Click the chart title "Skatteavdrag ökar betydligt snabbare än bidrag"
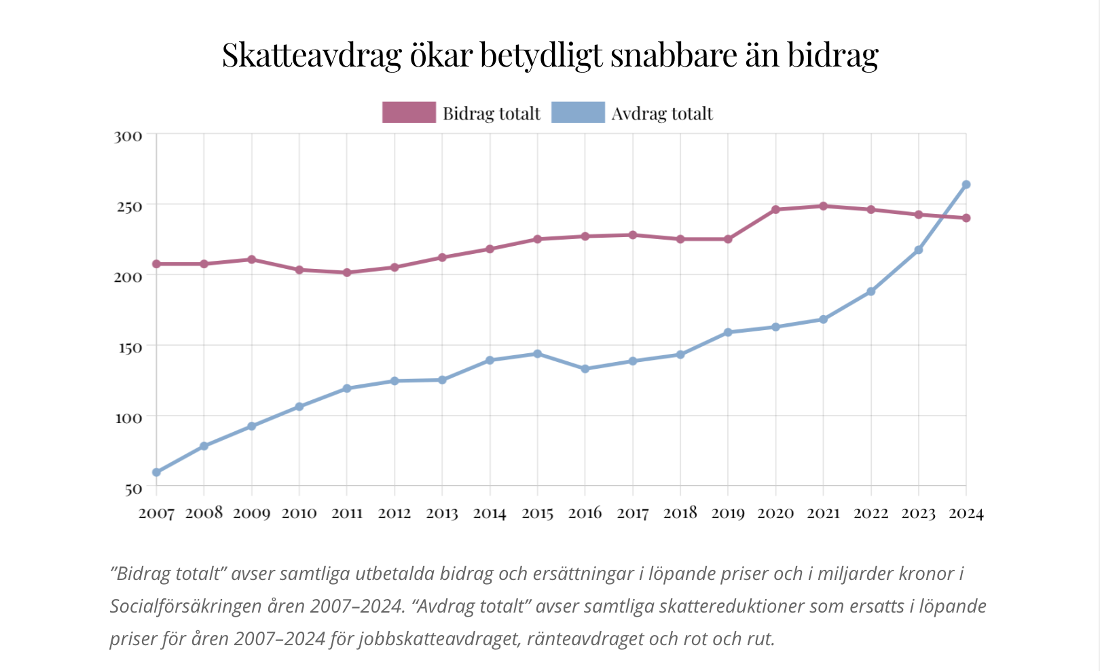pos(550,54)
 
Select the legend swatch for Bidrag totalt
pos(409,112)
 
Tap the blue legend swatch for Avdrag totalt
pos(578,112)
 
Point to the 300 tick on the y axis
pos(128,136)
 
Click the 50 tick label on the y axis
pos(133,488)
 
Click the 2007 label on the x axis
pos(156,513)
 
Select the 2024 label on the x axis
pos(966,513)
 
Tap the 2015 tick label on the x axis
pos(537,513)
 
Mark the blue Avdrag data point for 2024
pos(966,185)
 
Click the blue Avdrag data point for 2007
pos(156,472)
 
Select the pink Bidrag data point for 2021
pos(823,206)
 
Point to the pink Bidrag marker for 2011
pos(347,272)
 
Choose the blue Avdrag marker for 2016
pos(585,369)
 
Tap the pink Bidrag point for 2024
pos(966,218)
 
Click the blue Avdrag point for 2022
pos(870,291)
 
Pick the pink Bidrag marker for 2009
pos(251,259)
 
